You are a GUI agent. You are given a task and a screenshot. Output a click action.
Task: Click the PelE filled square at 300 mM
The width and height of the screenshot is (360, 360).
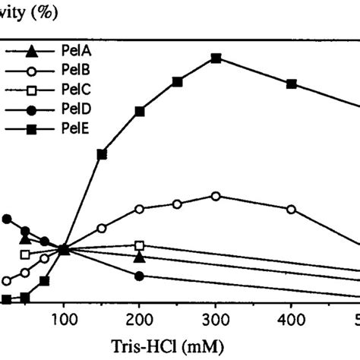click(x=216, y=58)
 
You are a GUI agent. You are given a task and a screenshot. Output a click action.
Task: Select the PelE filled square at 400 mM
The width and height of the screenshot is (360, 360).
click(x=292, y=84)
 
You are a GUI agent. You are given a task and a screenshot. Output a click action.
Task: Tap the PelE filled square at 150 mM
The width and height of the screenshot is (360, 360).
click(x=102, y=154)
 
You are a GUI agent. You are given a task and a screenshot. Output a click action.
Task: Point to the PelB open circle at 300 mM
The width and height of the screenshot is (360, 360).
click(x=216, y=196)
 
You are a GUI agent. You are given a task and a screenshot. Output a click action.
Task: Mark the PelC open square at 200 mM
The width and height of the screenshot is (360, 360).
click(x=140, y=245)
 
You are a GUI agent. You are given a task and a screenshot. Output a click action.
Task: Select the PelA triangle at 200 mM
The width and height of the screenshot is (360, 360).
click(x=140, y=257)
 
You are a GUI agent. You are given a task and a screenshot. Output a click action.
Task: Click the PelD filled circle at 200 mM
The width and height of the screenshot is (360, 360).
click(x=140, y=276)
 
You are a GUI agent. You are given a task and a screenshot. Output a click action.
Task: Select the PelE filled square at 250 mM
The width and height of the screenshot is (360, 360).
click(x=178, y=81)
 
